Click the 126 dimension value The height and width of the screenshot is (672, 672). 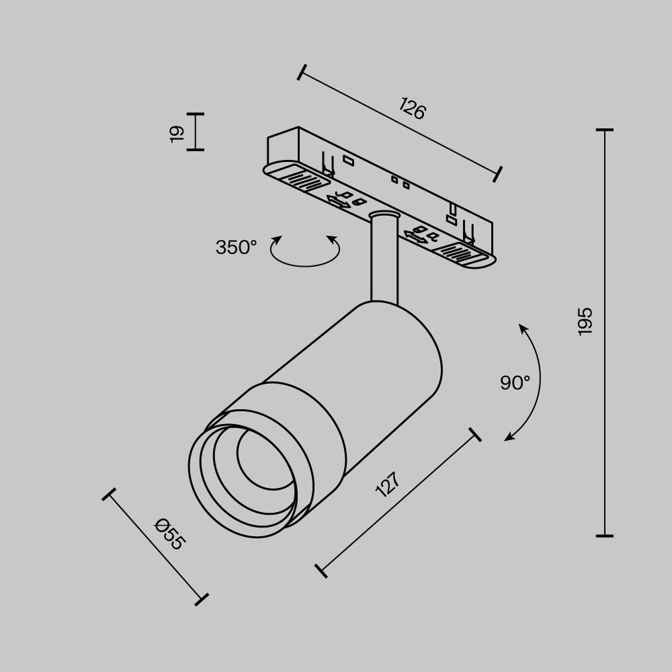pyautogui.click(x=412, y=109)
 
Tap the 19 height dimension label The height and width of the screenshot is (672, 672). pyautogui.click(x=176, y=132)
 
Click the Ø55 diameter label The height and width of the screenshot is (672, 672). pyautogui.click(x=168, y=534)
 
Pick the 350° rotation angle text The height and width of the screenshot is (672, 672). pyautogui.click(x=236, y=247)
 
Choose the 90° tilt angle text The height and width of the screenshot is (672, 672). pyautogui.click(x=515, y=383)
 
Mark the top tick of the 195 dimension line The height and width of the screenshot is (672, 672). pyautogui.click(x=604, y=130)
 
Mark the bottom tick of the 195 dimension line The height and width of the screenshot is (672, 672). pyautogui.click(x=604, y=536)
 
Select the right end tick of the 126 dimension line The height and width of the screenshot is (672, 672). pyautogui.click(x=498, y=173)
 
